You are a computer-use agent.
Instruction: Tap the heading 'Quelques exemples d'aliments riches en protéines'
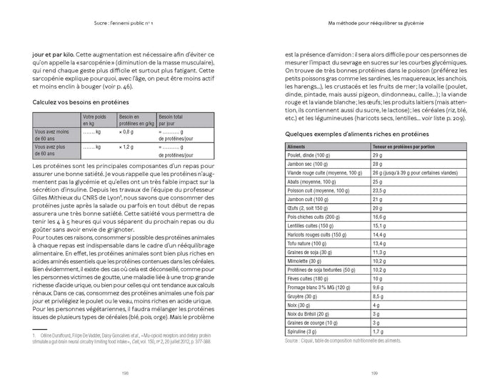coord(347,134)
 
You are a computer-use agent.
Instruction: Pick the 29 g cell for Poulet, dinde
coord(377,155)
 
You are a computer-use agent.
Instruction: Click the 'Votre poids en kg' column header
coord(96,119)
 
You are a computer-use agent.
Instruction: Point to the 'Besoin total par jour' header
coord(174,119)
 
